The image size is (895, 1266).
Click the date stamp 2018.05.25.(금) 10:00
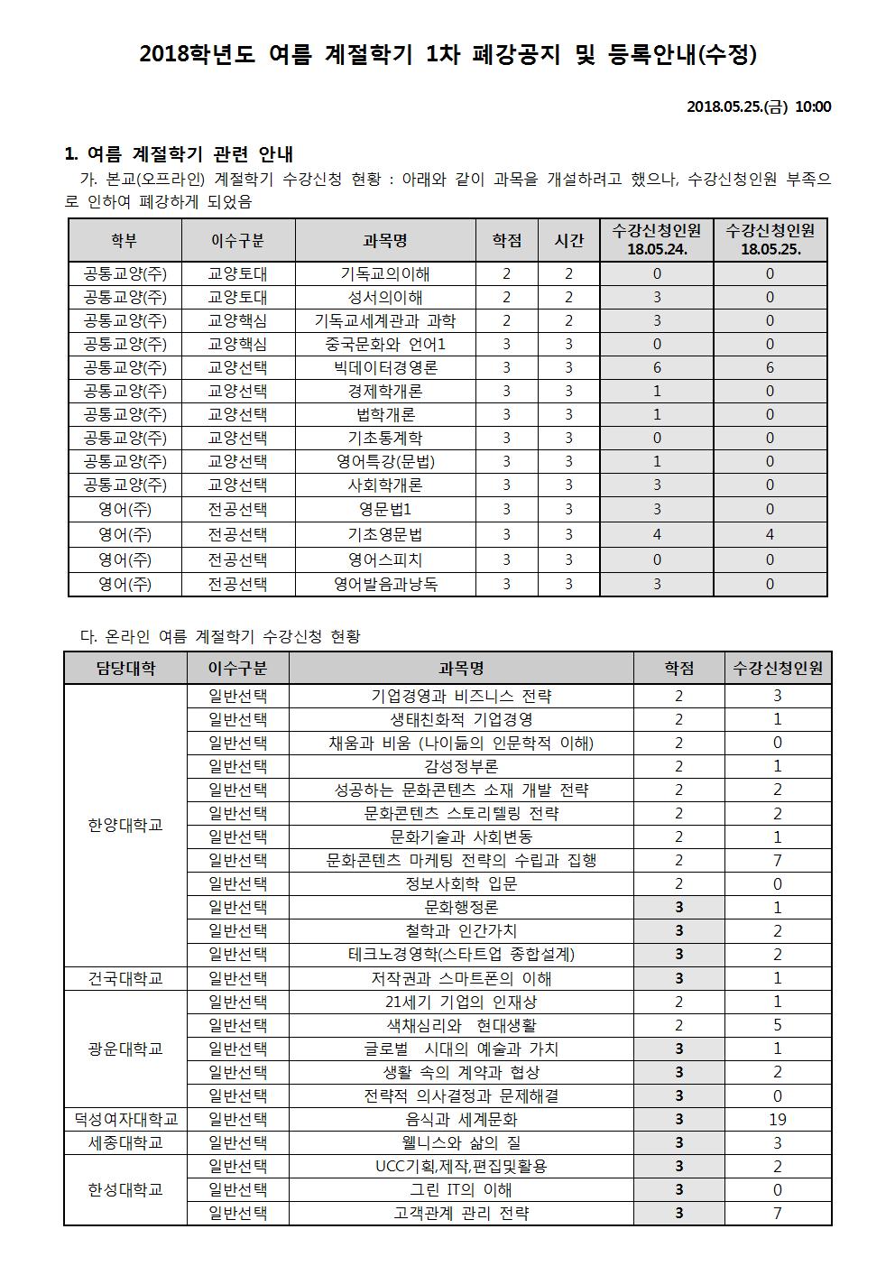[759, 106]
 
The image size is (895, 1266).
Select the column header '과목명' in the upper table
[385, 240]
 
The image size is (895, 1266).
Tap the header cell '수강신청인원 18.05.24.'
[656, 240]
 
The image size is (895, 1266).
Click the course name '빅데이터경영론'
[385, 367]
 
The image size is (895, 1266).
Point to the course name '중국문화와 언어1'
[385, 344]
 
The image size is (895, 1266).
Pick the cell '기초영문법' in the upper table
[385, 534]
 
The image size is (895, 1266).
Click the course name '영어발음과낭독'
[385, 584]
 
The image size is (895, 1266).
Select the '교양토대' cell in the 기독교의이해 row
[238, 273]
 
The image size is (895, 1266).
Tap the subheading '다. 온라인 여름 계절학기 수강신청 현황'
[220, 636]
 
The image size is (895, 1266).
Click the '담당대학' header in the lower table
[125, 669]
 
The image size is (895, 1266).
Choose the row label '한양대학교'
[125, 825]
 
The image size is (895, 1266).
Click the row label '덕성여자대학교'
[125, 1119]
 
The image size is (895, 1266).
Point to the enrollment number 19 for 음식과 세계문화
[778, 1119]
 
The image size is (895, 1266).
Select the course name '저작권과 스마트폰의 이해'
[461, 978]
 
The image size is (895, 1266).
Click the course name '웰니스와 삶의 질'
[461, 1142]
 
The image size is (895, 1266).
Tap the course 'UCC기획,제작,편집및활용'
[461, 1166]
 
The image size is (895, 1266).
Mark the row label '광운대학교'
[125, 1049]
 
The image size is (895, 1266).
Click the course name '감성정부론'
[461, 766]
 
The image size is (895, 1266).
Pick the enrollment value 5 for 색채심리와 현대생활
[778, 1025]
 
